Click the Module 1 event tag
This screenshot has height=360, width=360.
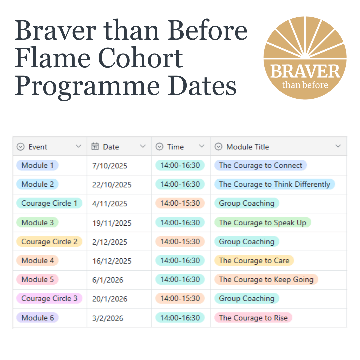tap(37, 165)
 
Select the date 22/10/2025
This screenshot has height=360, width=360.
tap(112, 185)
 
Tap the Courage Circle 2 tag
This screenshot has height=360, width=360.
tap(49, 242)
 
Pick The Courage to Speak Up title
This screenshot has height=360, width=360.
tap(262, 223)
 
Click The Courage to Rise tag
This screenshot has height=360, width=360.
tap(253, 318)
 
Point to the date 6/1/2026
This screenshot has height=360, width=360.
tap(107, 280)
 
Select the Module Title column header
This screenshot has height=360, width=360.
tap(247, 147)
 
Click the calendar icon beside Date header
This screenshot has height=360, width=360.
tap(95, 146)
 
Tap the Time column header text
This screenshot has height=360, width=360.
tap(175, 147)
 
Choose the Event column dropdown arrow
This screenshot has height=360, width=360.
tap(78, 146)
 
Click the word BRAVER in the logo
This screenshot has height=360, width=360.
tap(305, 71)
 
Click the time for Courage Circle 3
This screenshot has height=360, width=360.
tap(180, 299)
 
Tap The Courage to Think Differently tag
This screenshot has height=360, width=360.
tap(274, 184)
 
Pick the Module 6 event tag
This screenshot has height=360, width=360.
tap(37, 318)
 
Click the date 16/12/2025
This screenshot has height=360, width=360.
tap(112, 261)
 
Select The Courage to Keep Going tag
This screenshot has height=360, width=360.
tap(266, 279)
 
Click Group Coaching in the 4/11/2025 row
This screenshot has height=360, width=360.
tap(246, 203)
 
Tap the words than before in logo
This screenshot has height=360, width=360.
tap(305, 85)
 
